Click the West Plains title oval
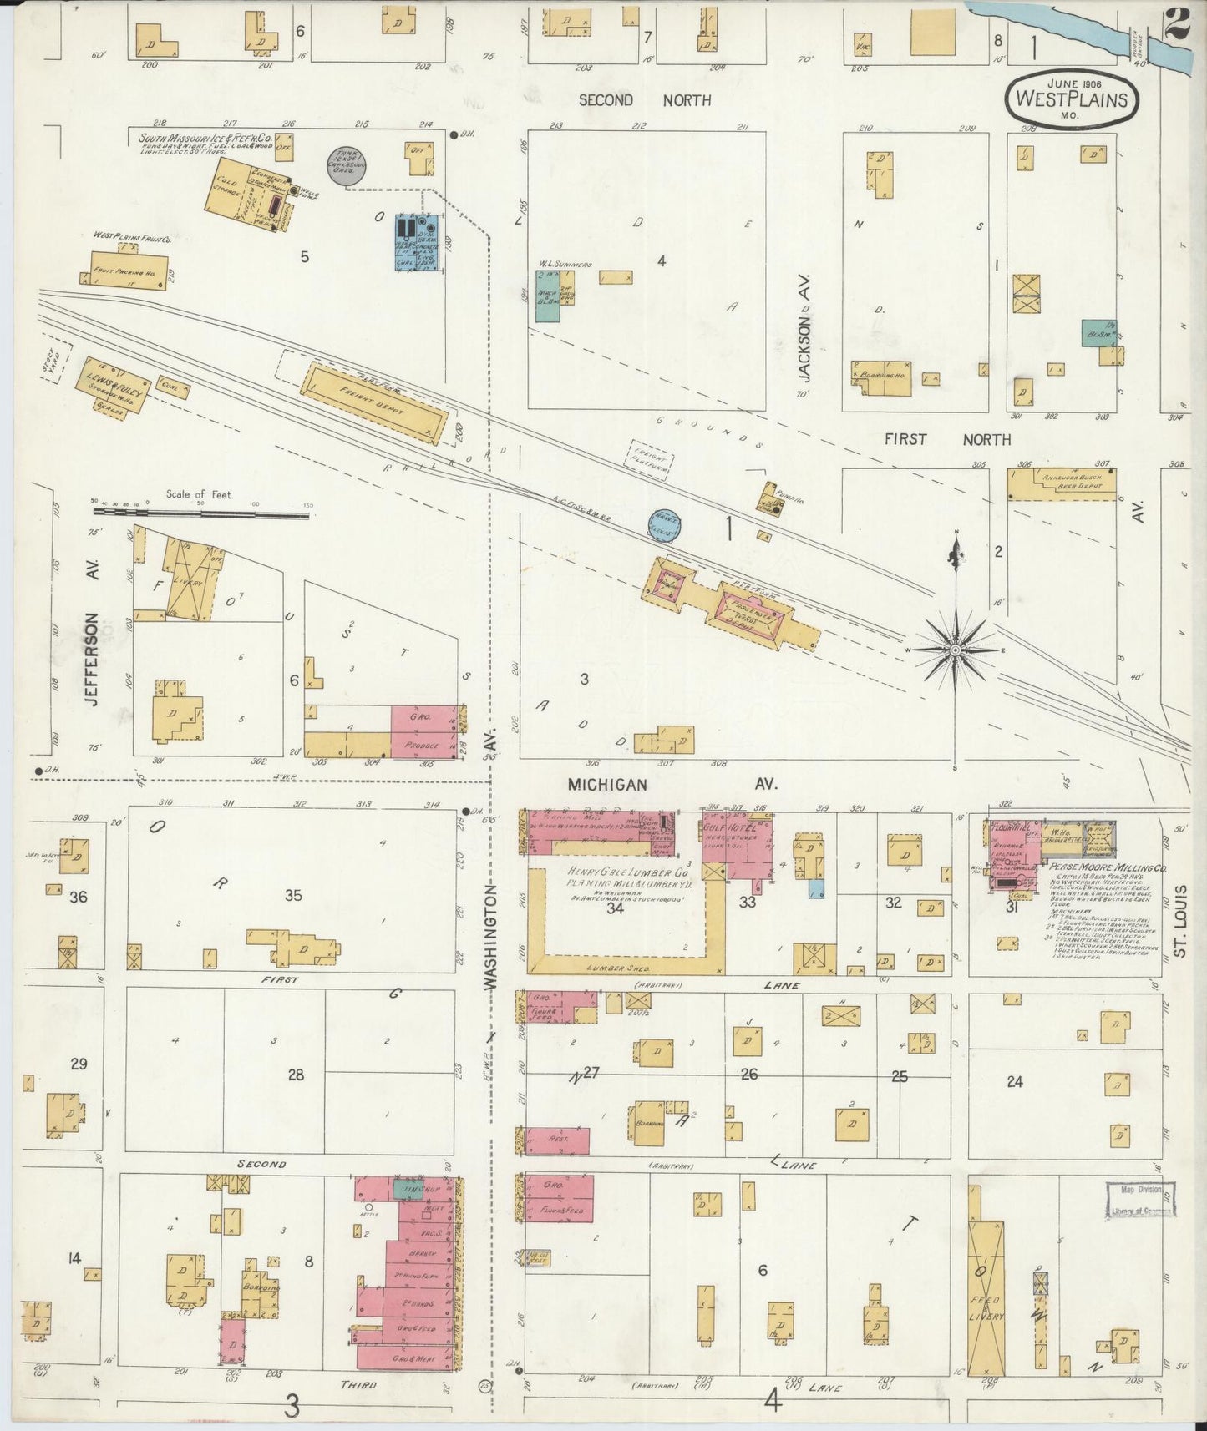click(x=1070, y=99)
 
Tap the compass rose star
click(x=955, y=650)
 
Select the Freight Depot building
click(x=373, y=403)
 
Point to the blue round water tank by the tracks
click(x=666, y=525)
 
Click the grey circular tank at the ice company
click(x=341, y=166)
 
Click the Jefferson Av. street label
click(x=93, y=660)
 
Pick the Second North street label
click(x=645, y=100)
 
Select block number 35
click(x=293, y=896)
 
